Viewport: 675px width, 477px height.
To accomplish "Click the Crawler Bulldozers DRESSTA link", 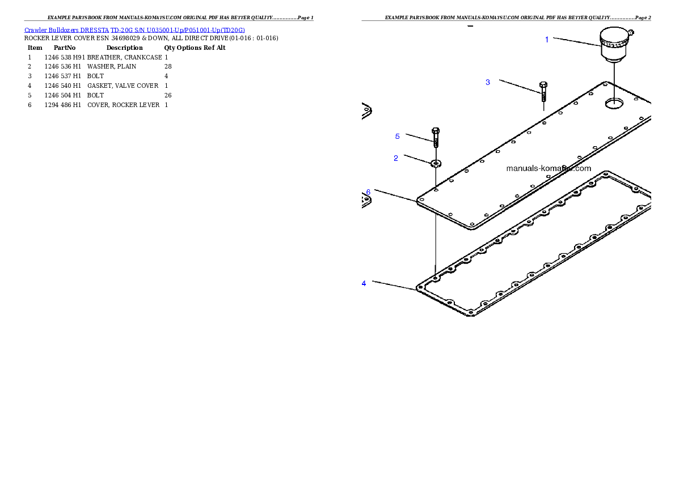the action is [66, 30].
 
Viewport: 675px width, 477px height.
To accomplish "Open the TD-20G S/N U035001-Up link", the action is [178, 30].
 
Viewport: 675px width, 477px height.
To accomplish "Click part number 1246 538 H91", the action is [65, 57].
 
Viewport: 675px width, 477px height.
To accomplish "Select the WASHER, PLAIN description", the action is [112, 67].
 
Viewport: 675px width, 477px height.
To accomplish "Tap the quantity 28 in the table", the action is [168, 67].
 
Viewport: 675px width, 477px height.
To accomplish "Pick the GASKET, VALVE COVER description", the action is [123, 86].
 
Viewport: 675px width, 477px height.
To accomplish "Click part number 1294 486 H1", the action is [62, 105].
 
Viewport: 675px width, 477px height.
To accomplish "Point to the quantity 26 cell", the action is [168, 96].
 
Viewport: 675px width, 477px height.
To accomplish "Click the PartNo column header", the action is [65, 48].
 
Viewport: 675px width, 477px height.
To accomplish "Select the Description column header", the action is [124, 48].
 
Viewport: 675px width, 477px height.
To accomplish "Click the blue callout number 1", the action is [547, 40].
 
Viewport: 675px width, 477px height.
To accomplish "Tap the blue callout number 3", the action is [488, 82].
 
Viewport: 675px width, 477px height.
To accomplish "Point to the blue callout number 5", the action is [397, 137].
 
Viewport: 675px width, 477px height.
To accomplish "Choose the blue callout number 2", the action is [396, 158].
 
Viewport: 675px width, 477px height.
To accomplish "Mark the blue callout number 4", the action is [364, 283].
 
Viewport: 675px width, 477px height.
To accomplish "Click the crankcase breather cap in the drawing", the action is [615, 43].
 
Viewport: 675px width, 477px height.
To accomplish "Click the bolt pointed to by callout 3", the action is [543, 91].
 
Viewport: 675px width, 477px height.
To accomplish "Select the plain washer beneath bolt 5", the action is [436, 163].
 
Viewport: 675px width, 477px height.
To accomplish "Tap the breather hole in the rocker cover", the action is [614, 103].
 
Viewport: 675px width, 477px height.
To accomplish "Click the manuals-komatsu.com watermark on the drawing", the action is [549, 168].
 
